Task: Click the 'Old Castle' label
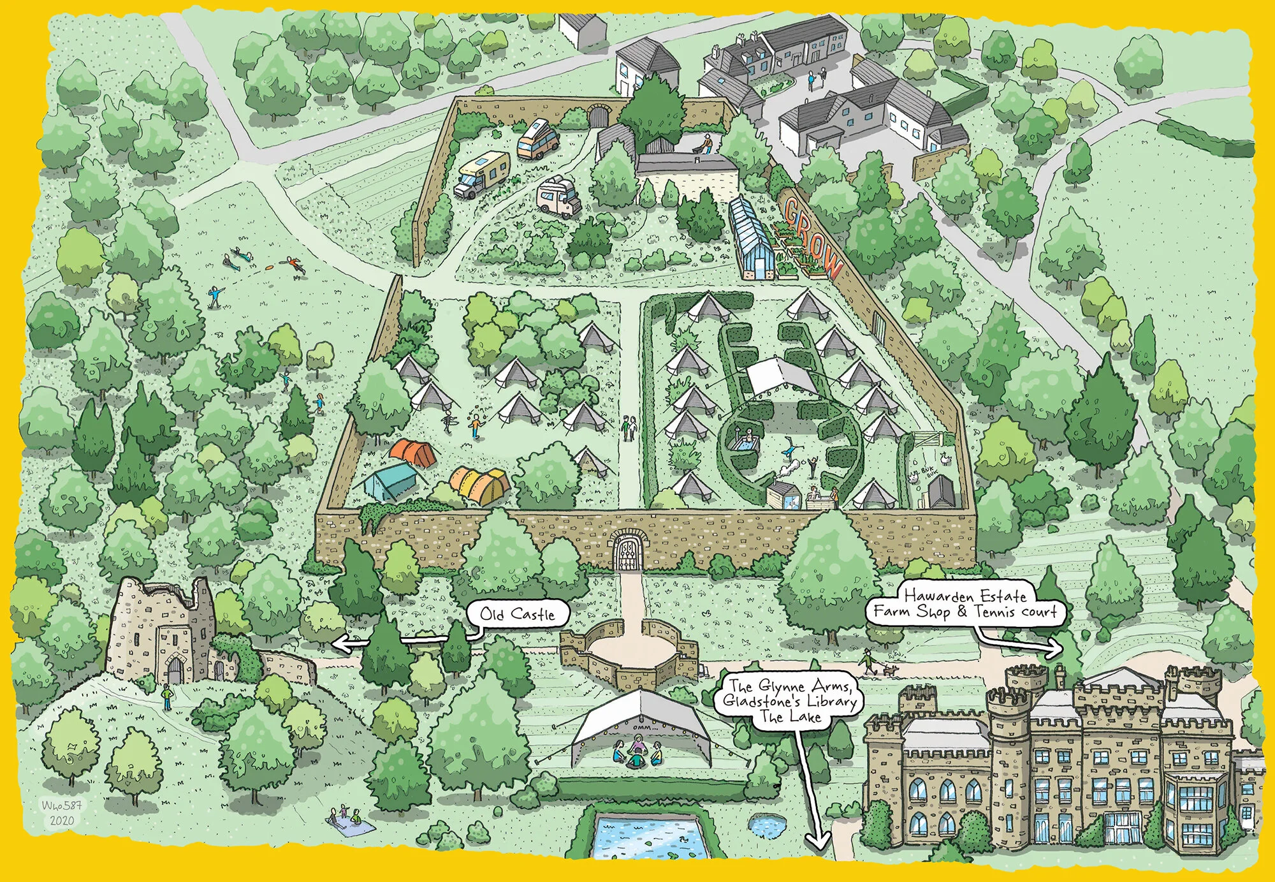517,614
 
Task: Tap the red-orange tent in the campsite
412,452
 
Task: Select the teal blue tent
390,481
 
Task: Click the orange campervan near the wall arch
537,139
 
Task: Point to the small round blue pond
765,828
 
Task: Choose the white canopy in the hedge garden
779,376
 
